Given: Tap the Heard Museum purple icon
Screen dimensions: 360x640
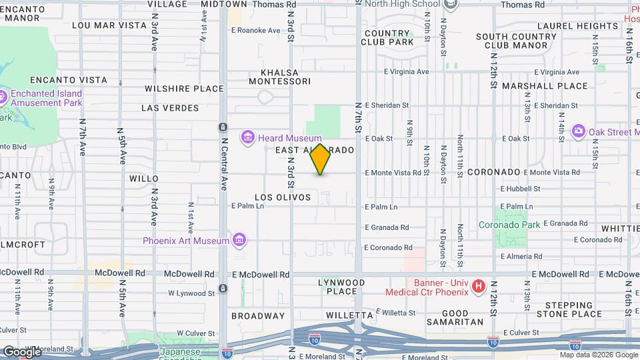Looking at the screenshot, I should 249,137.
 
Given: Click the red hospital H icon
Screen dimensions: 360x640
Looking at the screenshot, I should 478,287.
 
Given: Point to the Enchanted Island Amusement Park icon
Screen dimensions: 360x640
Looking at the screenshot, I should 3,97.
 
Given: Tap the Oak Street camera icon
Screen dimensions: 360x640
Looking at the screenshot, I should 578,131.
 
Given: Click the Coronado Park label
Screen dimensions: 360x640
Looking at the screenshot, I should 509,225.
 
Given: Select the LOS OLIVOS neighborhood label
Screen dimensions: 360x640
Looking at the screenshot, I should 283,197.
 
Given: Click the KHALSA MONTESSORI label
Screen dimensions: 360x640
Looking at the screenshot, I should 280,77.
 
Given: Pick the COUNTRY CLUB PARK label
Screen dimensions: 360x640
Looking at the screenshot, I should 387,37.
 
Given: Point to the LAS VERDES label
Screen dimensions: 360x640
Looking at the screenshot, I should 170,107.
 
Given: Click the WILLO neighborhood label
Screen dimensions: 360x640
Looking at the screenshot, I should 144,178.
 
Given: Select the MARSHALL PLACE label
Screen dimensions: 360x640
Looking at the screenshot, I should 545,86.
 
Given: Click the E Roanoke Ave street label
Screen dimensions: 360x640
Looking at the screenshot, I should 256,31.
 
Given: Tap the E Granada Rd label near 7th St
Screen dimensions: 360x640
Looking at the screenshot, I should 387,227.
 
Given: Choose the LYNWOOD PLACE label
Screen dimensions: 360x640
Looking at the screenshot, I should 342,287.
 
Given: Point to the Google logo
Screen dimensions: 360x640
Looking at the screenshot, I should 22,351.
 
